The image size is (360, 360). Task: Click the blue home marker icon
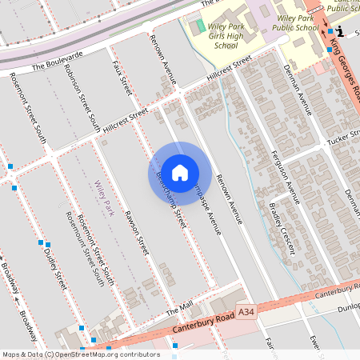coord(180,172)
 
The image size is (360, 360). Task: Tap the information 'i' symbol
coord(342,30)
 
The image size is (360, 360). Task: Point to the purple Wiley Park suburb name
coord(105,198)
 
